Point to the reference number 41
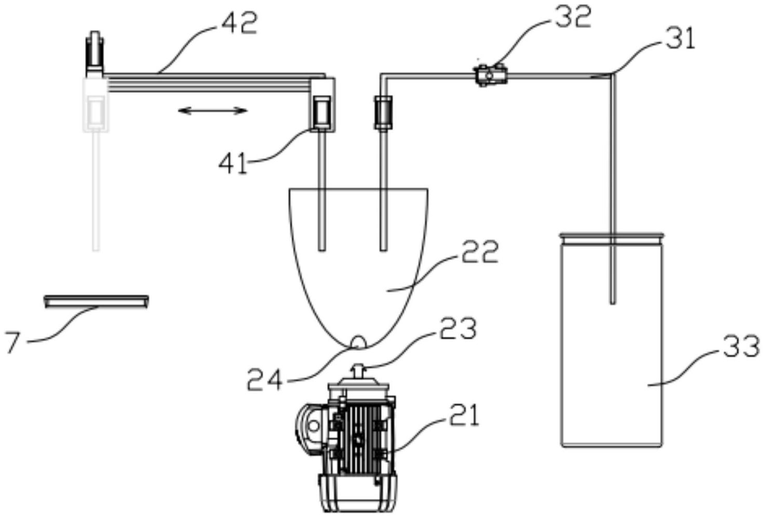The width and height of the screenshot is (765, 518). pos(233,163)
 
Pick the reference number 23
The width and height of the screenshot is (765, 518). pos(458,328)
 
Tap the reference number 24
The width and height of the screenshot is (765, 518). pos(265,379)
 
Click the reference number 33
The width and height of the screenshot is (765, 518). pos(741,346)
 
